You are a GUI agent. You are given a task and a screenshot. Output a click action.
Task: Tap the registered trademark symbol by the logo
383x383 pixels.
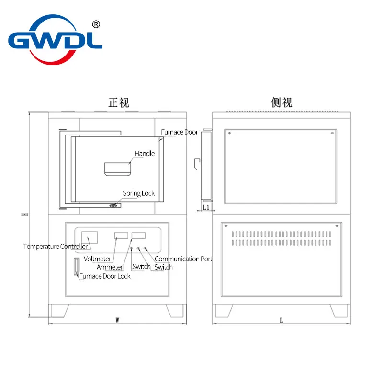[95, 24]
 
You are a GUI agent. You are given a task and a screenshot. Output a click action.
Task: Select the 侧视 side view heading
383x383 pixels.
[282, 102]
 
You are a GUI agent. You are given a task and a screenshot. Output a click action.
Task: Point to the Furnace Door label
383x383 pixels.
[179, 132]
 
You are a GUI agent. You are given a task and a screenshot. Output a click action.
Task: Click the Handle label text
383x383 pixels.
[145, 154]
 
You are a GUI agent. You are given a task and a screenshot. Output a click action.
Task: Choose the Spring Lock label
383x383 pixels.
[139, 193]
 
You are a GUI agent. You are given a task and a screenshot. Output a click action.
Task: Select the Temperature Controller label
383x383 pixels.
[56, 247]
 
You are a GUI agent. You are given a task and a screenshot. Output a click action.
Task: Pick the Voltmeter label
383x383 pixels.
[97, 259]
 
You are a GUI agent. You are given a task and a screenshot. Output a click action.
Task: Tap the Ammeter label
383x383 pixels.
[110, 267]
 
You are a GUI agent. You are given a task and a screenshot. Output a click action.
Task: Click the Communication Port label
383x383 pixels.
[183, 259]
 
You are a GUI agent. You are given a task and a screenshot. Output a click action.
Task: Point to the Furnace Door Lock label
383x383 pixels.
[105, 276]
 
